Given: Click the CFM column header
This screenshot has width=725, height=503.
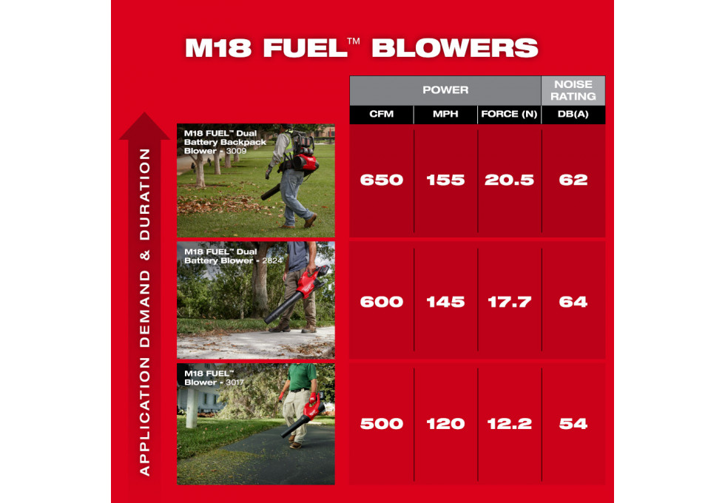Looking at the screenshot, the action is [x=382, y=114].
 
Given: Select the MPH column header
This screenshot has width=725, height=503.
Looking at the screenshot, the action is [x=445, y=114].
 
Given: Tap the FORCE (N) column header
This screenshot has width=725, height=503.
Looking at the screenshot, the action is [x=509, y=114].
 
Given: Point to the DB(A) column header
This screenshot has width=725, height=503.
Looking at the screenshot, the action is [x=573, y=114].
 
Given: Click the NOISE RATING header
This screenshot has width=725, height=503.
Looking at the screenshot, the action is [x=573, y=90].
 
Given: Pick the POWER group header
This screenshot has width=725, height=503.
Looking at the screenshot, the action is [x=445, y=90].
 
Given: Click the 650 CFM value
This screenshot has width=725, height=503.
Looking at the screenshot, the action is [x=382, y=180].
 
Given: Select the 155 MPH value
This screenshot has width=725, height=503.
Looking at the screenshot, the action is [x=445, y=180].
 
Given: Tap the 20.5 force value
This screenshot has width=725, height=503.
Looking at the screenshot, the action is [x=509, y=180].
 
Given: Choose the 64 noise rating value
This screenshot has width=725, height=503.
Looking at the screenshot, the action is [x=573, y=302].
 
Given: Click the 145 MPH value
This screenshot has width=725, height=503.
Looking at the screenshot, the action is [x=445, y=302].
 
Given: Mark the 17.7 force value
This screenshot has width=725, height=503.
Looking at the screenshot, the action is [x=509, y=302].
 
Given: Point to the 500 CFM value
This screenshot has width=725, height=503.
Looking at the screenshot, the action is [x=382, y=423].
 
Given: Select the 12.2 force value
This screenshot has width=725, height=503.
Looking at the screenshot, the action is [x=509, y=423].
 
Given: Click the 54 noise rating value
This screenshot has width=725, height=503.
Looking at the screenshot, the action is [x=573, y=423].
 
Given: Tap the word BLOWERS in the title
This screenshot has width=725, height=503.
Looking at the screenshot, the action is [x=455, y=48].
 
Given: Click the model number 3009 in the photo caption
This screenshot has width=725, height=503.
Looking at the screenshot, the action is [x=236, y=151].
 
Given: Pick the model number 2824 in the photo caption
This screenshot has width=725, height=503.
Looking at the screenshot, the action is [x=272, y=260].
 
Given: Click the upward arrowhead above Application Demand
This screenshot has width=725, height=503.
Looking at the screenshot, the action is [x=145, y=126].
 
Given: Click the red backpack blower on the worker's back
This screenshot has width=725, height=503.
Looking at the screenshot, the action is [x=302, y=152].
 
